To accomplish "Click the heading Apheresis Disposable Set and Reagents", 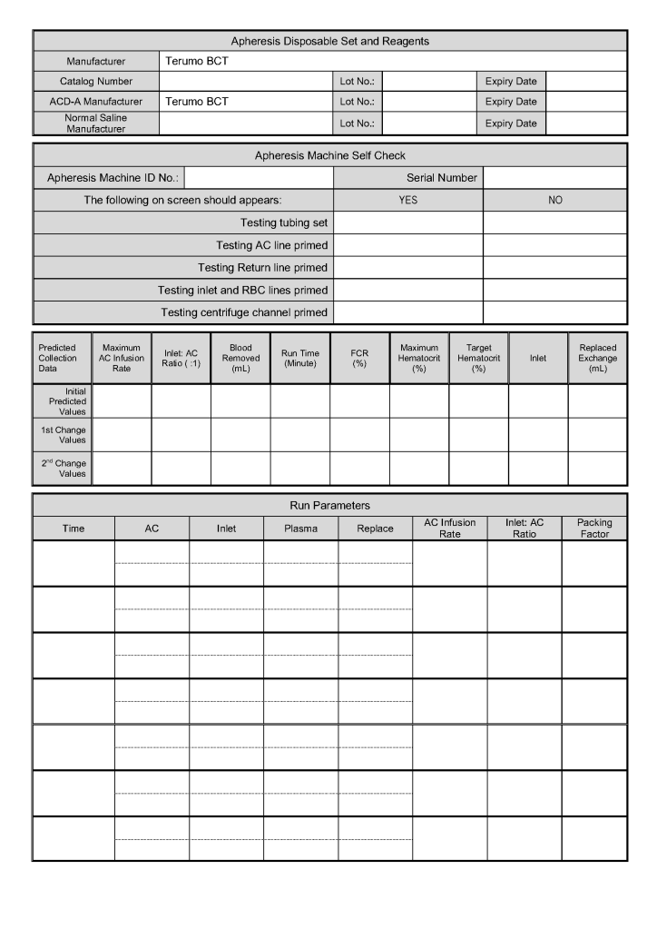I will tap(329, 41).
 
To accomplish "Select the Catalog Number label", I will tap(95, 82).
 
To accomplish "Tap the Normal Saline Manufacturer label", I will tap(95, 124).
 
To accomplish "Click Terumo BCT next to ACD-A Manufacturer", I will tap(197, 102).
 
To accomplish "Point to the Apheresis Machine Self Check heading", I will tap(329, 155).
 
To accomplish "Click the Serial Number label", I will tap(441, 178).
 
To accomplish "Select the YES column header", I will tap(408, 200).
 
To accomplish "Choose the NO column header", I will tap(554, 200).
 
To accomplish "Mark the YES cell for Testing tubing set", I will tap(408, 222).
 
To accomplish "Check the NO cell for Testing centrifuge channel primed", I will tap(554, 312).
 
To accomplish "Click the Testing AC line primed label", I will tap(271, 245).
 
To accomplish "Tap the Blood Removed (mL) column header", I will tap(240, 358).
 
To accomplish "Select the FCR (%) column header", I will tap(359, 358).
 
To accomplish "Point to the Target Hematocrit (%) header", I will tap(478, 358).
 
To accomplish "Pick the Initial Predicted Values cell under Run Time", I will tap(299, 400).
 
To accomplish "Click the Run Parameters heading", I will tap(329, 505).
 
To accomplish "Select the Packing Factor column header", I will tap(594, 529).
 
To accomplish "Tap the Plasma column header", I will tap(300, 529).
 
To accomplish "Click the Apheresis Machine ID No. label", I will tap(109, 178).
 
